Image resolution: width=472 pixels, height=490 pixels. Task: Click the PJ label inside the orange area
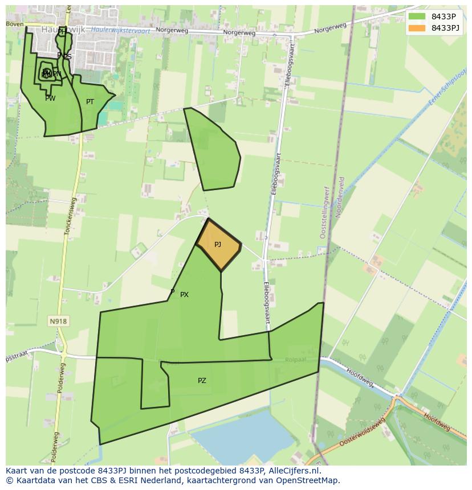(x=218, y=245)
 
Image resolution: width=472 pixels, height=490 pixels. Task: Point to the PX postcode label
(x=184, y=295)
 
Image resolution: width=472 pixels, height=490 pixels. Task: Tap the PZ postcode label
(x=202, y=381)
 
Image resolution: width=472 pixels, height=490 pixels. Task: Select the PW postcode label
(x=50, y=98)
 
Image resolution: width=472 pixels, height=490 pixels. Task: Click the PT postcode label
(x=90, y=102)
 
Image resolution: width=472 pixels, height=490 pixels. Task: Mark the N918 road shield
(x=58, y=322)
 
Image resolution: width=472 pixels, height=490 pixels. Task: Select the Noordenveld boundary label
(x=341, y=197)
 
